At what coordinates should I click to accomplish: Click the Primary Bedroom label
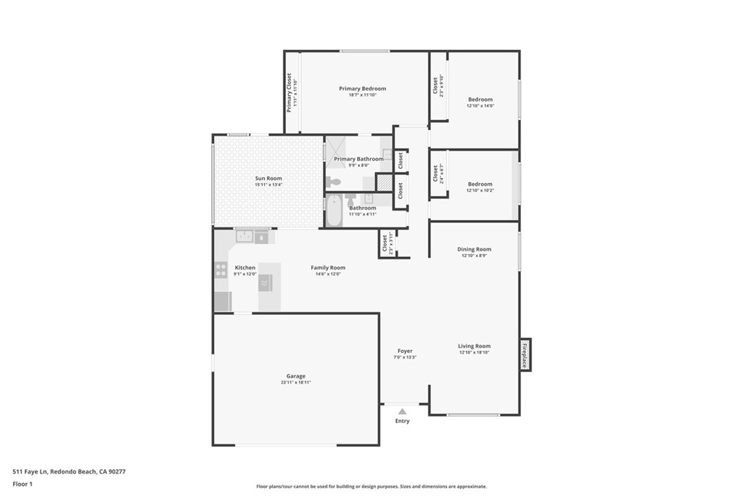(362, 89)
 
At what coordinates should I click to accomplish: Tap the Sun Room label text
(268, 178)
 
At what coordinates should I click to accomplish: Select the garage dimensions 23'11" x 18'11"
(295, 383)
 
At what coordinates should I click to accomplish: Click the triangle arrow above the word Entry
(402, 411)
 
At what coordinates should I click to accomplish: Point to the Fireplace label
(525, 355)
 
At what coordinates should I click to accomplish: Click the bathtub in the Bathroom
(334, 211)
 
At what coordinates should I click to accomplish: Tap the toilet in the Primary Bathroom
(334, 182)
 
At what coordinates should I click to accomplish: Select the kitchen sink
(245, 236)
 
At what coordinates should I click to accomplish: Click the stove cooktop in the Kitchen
(221, 270)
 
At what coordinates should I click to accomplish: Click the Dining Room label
(474, 249)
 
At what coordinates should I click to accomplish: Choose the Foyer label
(405, 351)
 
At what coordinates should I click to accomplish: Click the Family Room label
(328, 267)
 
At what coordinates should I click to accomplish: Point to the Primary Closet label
(289, 92)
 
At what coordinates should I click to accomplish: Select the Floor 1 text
(22, 484)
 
